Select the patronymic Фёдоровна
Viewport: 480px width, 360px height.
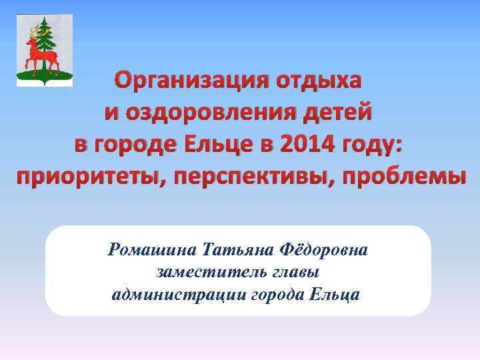(x=326, y=251)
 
